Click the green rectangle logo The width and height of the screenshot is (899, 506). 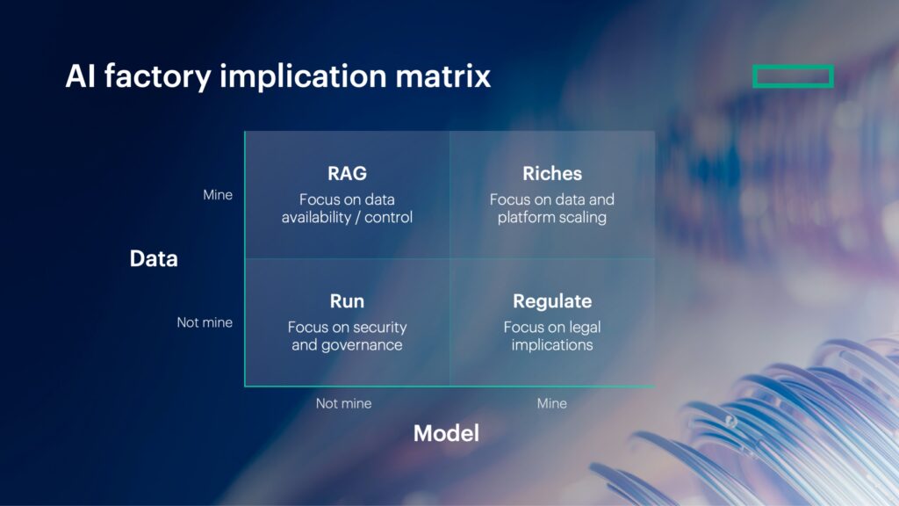click(x=793, y=76)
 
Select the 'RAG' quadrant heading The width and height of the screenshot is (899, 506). click(x=347, y=173)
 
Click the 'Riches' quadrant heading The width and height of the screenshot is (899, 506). click(x=552, y=173)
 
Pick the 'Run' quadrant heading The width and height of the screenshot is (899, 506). click(x=347, y=301)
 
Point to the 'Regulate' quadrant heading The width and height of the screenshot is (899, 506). click(x=552, y=301)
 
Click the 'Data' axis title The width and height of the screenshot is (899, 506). click(x=154, y=258)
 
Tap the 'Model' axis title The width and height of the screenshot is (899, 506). click(x=446, y=433)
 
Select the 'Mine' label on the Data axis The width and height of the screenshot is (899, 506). click(x=218, y=195)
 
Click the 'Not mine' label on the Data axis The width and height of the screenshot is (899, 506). click(x=205, y=322)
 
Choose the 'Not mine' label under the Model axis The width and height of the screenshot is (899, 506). click(x=343, y=403)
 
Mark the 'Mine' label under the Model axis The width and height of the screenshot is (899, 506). click(x=552, y=403)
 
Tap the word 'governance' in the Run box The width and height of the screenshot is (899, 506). click(x=360, y=344)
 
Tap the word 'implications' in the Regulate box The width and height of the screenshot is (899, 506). click(x=552, y=344)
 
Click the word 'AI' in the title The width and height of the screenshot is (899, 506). click(x=80, y=76)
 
